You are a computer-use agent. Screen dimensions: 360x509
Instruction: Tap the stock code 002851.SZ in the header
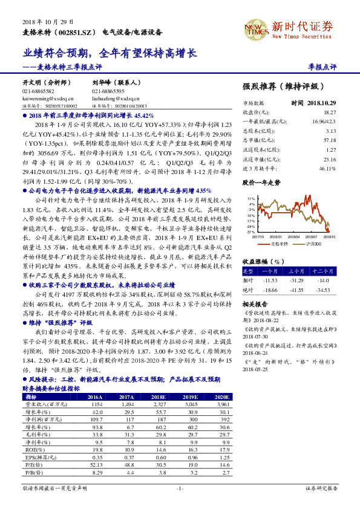click(76, 31)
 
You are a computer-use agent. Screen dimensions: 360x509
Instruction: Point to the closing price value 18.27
click(330, 112)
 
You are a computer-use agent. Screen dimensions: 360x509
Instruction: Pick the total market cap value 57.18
click(330, 140)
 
